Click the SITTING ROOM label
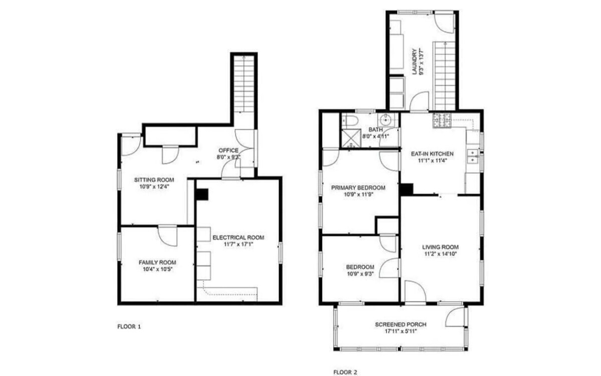154,180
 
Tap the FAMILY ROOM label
157,262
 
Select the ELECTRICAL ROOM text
238,237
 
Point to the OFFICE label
228,150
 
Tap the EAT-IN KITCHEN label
432,154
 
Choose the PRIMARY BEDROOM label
358,187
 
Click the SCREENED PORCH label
401,324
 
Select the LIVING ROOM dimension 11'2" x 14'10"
441,254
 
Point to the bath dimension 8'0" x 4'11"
376,136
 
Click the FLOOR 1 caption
129,326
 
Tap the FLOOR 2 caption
345,372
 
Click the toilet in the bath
350,121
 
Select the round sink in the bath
386,120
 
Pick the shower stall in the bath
351,138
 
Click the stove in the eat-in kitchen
442,120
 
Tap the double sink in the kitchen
473,156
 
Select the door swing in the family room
168,236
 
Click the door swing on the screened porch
455,317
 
